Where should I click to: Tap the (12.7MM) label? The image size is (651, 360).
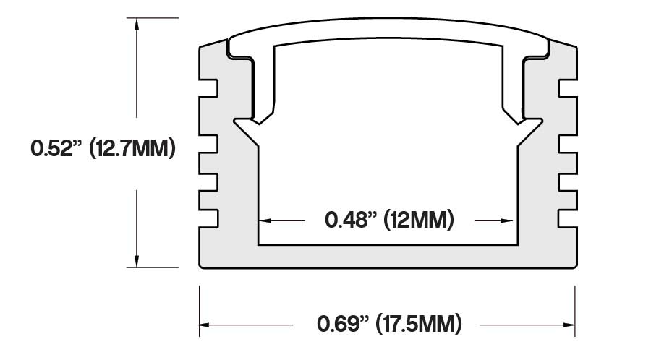pos(132,150)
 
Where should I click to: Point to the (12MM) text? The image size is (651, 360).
pos(419,219)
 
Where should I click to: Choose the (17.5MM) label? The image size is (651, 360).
pos(420,323)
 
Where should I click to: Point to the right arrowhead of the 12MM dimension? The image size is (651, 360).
pos(511,219)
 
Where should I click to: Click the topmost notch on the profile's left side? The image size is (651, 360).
pos(210,88)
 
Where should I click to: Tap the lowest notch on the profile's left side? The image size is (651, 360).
pos(210,215)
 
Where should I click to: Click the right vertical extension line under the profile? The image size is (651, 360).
pos(575,311)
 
